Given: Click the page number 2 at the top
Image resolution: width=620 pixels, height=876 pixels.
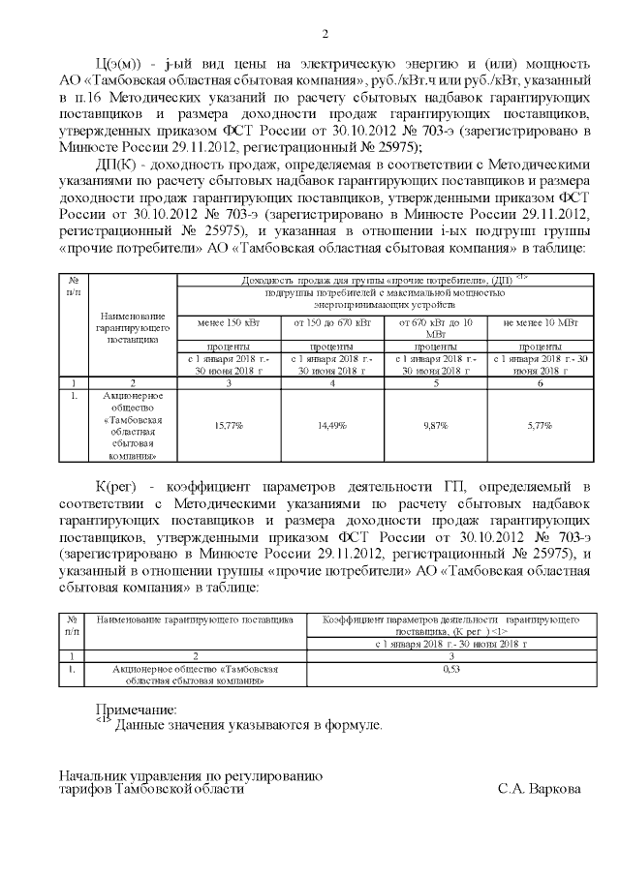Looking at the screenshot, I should click(x=325, y=36).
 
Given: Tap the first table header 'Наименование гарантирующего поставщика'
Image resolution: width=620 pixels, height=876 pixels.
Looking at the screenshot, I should click(x=132, y=328).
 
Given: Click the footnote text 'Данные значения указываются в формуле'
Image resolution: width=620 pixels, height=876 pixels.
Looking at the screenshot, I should click(x=249, y=725).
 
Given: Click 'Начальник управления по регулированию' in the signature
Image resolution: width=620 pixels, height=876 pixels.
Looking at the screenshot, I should click(x=189, y=776).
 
